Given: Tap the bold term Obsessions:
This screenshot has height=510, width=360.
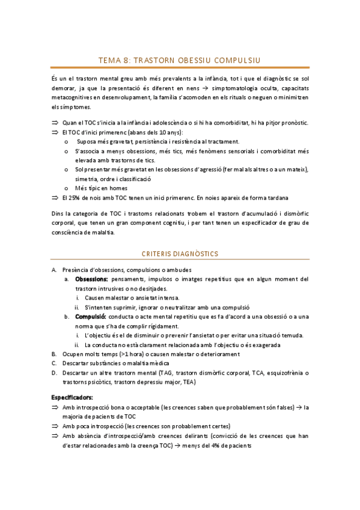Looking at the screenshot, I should (x=91, y=279).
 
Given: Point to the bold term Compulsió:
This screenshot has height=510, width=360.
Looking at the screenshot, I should (x=91, y=316).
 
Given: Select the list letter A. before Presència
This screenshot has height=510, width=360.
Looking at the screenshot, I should (x=53, y=269).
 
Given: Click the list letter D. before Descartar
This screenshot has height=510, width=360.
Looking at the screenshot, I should (x=53, y=373).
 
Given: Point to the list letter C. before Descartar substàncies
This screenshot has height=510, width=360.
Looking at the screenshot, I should (x=53, y=363).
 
